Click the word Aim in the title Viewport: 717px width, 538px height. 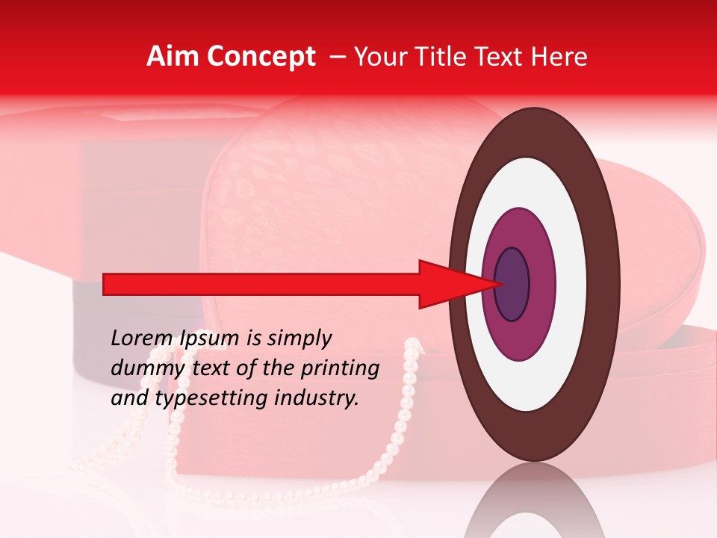tap(173, 57)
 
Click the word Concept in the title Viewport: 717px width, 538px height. tap(260, 57)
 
